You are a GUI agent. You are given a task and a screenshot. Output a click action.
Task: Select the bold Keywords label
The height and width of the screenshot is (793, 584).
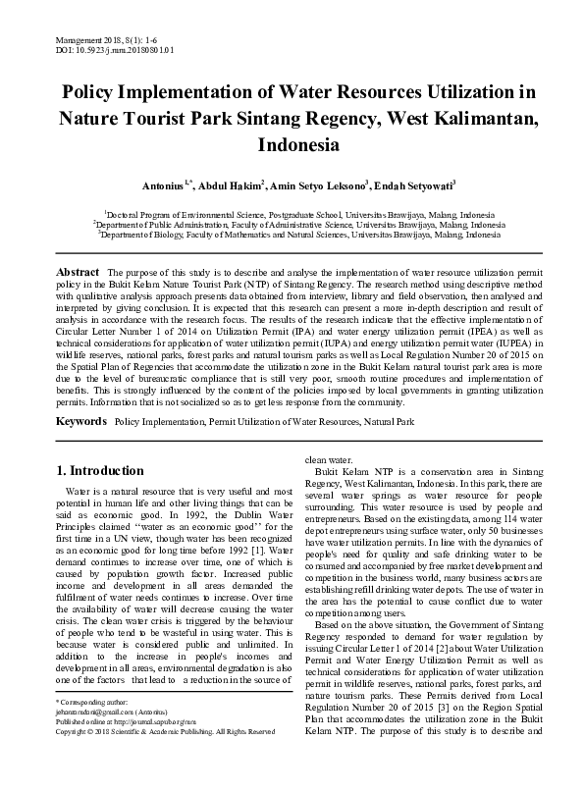pos(80,420)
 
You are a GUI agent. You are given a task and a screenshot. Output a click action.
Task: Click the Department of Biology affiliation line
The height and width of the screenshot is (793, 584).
pos(292,236)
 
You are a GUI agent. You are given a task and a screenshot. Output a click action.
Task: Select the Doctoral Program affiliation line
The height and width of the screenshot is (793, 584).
pos(292,214)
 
